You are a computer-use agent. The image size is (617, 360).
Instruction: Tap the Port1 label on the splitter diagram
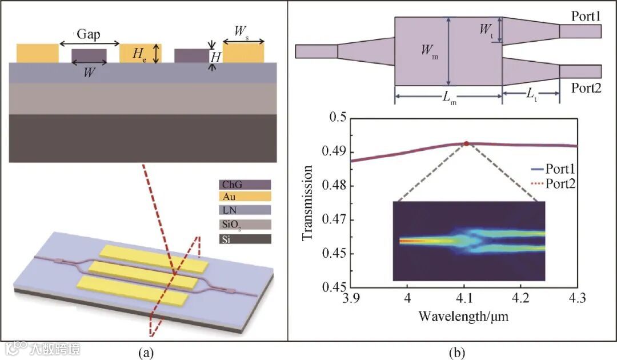[586, 17]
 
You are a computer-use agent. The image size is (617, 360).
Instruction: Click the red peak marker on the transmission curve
[466, 143]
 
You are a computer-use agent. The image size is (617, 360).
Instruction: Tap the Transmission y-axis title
[308, 202]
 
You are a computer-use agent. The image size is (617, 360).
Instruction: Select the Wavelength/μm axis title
[463, 315]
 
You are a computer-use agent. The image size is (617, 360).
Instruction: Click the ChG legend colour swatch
[244, 185]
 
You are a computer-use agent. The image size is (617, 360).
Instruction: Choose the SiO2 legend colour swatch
[244, 225]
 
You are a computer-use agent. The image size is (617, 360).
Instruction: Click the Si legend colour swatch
[244, 239]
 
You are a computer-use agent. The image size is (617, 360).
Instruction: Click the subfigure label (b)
[456, 353]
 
